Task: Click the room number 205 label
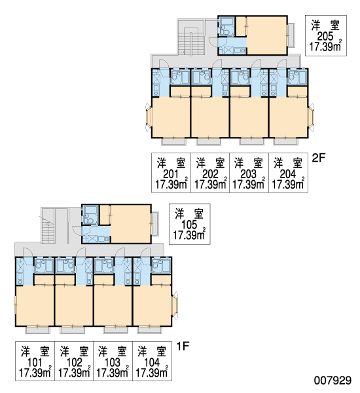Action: [x=325, y=37]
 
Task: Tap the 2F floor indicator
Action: [x=318, y=158]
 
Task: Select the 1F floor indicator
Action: [x=183, y=346]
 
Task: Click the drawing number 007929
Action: [x=333, y=381]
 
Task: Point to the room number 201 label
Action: [x=171, y=174]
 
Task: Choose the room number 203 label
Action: [x=248, y=174]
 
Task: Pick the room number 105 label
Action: [x=189, y=225]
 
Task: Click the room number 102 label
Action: [x=75, y=362]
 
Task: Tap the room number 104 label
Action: [x=152, y=362]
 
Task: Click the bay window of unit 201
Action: [x=149, y=117]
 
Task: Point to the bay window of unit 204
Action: [x=311, y=117]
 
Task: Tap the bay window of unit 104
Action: [x=175, y=305]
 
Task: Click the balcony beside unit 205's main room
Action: [x=291, y=35]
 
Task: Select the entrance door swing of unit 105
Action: [x=77, y=231]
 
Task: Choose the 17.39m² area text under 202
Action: [x=210, y=185]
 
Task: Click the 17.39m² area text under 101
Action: [x=35, y=373]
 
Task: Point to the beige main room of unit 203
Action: [x=249, y=117]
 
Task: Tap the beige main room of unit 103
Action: [x=113, y=305]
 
